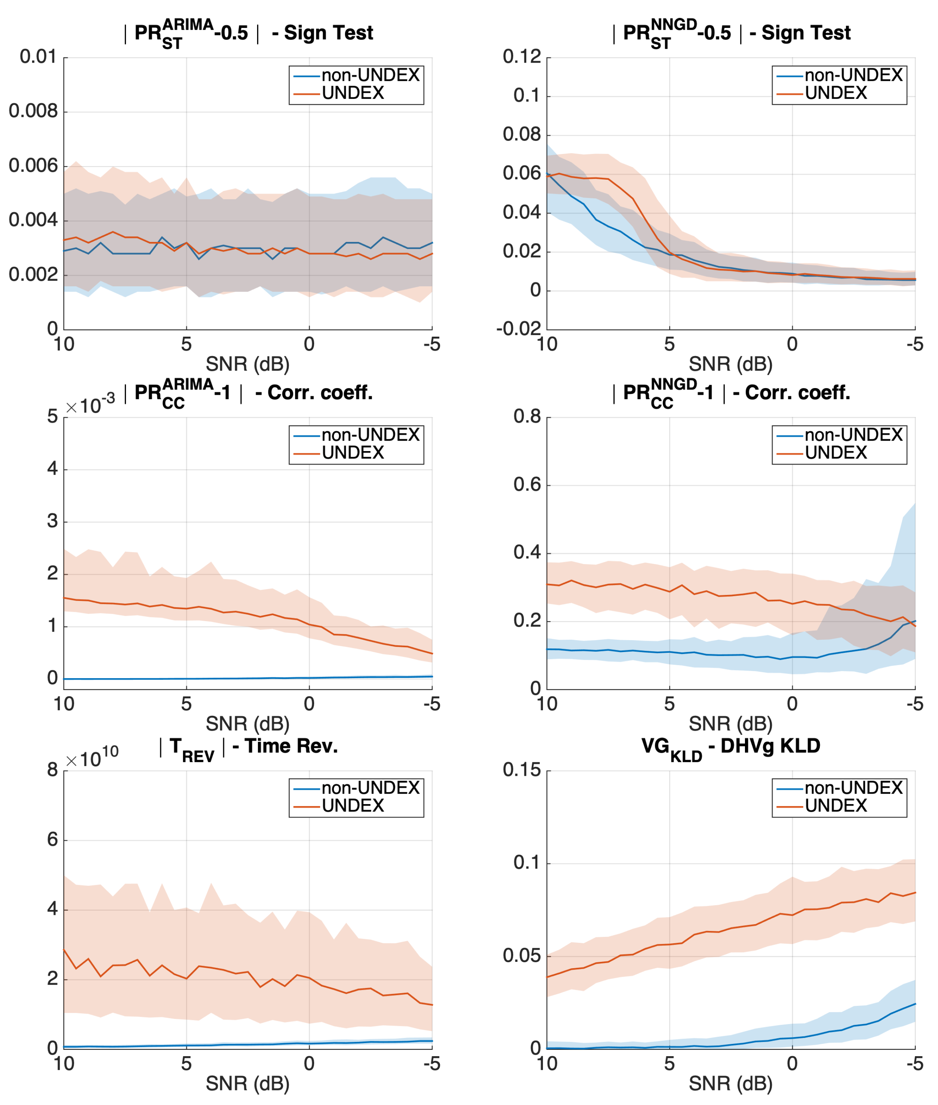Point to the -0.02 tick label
click(x=518, y=329)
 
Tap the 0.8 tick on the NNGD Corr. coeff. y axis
click(x=527, y=416)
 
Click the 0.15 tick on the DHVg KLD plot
click(x=522, y=770)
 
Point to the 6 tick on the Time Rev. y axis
click(x=52, y=840)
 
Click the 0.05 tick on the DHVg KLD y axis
click(x=522, y=955)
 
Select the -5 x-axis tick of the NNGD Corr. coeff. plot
click(x=914, y=704)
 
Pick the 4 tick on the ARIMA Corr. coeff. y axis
click(x=52, y=469)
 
